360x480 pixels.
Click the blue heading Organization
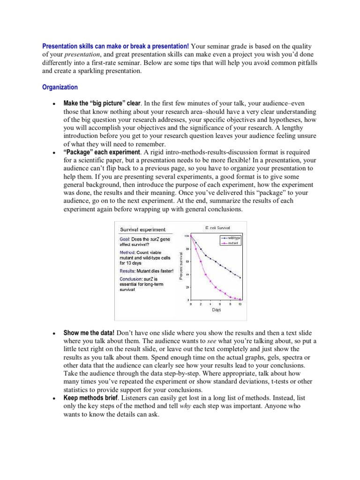coord(60,87)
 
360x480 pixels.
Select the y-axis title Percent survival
coord(180,266)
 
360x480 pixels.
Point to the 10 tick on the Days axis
coord(240,304)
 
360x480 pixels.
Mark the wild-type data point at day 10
coord(240,278)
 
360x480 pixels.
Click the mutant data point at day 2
coord(201,261)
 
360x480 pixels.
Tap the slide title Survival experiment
coord(142,230)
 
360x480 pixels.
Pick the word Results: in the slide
coord(127,271)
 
